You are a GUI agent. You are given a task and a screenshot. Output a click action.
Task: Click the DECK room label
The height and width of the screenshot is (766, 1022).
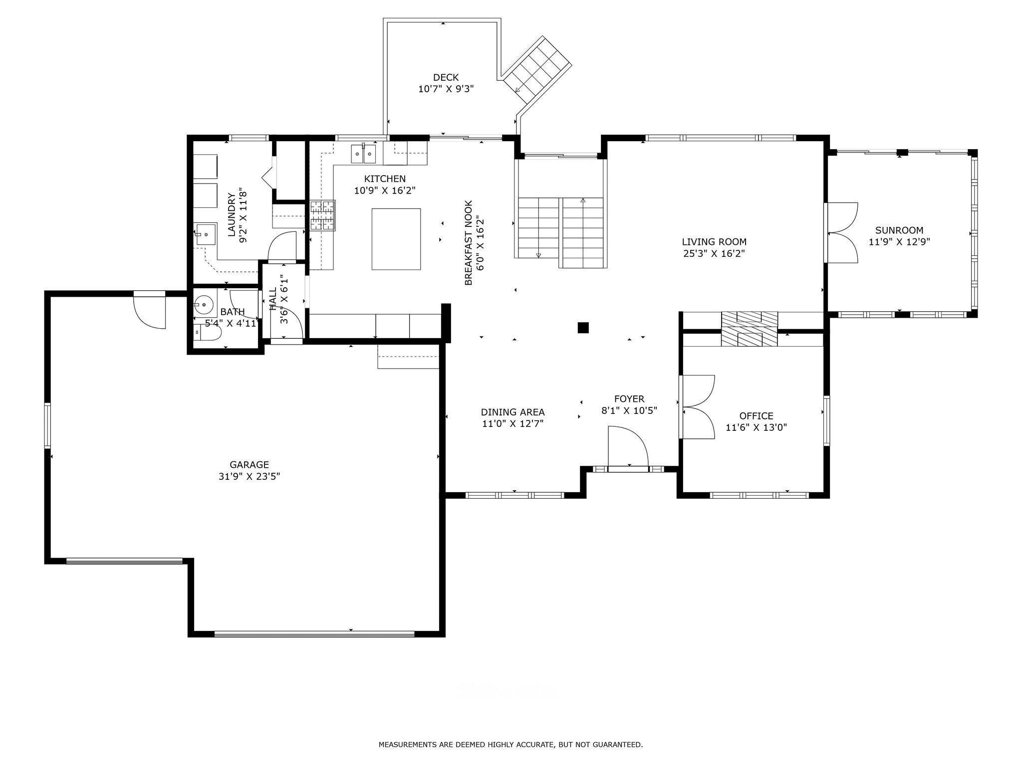coord(446,77)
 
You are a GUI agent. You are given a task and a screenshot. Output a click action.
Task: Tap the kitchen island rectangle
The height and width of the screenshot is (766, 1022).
coord(396,239)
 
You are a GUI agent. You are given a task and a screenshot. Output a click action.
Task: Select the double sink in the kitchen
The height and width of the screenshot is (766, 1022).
coord(363,154)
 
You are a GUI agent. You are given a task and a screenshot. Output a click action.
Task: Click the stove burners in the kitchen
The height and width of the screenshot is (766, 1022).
coord(322,215)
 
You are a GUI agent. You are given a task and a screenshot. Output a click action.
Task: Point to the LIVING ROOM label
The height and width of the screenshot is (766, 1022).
coord(714,242)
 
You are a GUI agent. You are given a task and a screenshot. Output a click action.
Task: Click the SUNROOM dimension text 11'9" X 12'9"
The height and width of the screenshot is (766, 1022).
coord(899,242)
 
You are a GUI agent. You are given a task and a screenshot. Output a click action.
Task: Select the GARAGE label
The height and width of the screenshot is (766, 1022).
coord(249,465)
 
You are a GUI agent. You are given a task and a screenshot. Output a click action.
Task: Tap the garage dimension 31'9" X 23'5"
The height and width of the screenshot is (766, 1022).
coord(249,477)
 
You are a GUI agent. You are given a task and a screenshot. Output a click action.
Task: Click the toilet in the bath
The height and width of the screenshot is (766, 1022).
coord(206,332)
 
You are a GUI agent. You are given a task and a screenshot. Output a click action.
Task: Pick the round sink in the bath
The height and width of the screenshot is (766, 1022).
coord(204,303)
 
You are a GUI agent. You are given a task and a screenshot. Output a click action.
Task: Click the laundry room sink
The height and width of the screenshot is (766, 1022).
coord(205,234)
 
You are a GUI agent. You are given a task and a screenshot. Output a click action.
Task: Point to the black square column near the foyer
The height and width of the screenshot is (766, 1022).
coord(583,328)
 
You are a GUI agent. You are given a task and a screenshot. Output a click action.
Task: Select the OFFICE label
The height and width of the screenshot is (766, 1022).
coord(756,416)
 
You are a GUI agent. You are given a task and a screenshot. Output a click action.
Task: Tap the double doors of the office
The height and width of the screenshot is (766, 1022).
coord(698,407)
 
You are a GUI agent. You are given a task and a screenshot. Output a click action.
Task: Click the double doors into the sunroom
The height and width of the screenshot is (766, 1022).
coord(842,232)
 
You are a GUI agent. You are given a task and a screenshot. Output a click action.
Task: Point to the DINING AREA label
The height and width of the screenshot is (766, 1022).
coord(512,412)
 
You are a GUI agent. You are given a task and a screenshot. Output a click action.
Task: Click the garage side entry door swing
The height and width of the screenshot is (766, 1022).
coord(149,310)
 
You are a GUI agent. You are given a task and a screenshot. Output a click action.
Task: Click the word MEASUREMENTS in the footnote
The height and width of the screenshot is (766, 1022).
coord(407,745)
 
